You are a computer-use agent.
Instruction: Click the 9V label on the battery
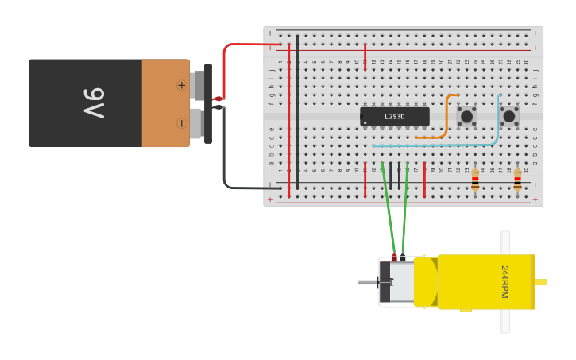(x=94, y=103)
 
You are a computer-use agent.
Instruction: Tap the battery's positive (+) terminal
(x=182, y=84)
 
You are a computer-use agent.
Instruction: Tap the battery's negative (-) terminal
(x=182, y=123)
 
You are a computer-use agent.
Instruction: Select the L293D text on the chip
(x=394, y=117)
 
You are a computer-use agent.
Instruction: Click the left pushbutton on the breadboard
(x=466, y=116)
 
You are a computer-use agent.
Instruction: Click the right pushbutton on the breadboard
(x=508, y=116)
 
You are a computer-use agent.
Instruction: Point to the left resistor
(x=475, y=180)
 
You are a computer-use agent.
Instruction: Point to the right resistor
(x=517, y=180)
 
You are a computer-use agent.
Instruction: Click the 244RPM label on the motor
(x=504, y=282)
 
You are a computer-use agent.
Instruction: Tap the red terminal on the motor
(x=394, y=257)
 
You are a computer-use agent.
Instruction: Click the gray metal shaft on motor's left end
(x=368, y=282)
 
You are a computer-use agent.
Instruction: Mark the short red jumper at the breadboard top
(x=365, y=56)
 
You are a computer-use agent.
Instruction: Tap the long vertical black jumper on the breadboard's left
(x=298, y=111)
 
